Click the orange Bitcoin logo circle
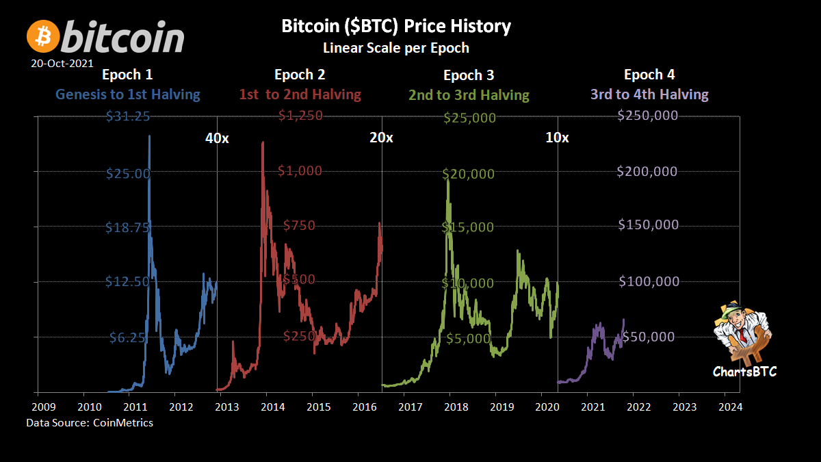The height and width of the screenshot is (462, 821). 42,36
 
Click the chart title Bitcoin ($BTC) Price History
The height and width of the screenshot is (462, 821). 396,27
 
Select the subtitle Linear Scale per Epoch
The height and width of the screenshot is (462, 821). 396,48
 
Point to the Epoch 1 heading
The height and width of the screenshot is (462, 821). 127,75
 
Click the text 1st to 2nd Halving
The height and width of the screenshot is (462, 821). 300,94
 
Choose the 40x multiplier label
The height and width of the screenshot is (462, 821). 217,138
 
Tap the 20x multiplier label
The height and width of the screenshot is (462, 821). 381,138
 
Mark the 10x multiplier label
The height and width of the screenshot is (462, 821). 557,138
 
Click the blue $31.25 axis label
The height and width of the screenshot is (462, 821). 128,116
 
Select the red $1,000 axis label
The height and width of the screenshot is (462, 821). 300,171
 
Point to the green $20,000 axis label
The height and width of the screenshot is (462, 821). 468,174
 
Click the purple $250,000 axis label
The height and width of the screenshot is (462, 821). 647,116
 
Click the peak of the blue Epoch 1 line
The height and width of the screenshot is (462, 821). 149,136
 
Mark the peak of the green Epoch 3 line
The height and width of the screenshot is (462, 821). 448,180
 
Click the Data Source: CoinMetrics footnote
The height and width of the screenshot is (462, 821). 90,423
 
